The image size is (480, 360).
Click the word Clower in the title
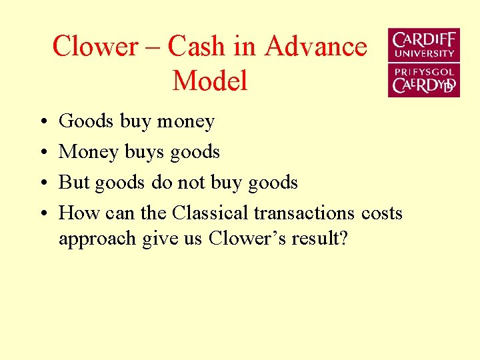[x=95, y=47]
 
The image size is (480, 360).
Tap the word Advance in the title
[x=316, y=47]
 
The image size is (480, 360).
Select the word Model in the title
[x=209, y=81]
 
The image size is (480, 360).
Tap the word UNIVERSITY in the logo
[x=424, y=53]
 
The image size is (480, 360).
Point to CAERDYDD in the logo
[x=424, y=85]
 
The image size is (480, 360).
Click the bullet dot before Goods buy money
[x=41, y=122]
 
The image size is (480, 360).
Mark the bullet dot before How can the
[x=41, y=214]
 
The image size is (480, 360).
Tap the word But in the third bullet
[x=74, y=183]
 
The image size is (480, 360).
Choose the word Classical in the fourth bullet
[x=210, y=213]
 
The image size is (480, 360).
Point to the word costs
[x=382, y=213]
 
